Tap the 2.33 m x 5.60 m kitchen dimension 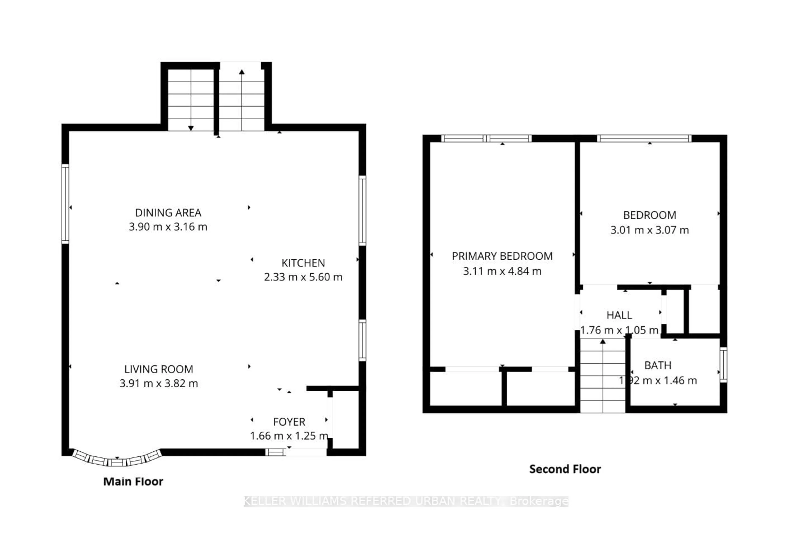303,277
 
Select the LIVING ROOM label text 158,369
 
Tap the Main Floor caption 133,481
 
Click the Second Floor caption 565,469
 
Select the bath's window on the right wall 723,364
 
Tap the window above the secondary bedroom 644,139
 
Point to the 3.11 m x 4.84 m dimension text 502,271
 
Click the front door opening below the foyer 306,452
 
